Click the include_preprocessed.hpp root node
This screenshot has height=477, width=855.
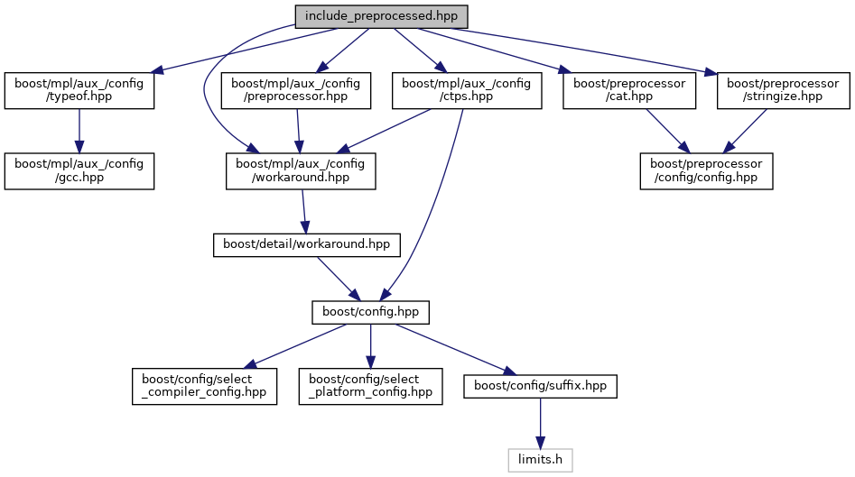pos(382,16)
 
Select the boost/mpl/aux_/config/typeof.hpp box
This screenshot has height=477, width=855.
pos(79,91)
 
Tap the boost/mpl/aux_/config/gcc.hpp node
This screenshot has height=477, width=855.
pos(79,170)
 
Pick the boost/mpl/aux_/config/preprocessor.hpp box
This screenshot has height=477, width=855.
pos(296,91)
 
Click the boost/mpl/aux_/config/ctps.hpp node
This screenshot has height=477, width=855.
pos(466,91)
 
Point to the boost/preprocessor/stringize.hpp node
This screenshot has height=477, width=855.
pos(784,91)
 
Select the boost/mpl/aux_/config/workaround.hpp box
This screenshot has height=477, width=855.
pos(301,170)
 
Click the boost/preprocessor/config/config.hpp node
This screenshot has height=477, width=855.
pos(706,170)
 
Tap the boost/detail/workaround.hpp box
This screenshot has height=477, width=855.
pos(306,244)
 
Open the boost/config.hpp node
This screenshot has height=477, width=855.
pos(370,313)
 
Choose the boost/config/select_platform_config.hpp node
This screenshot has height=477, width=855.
pos(371,386)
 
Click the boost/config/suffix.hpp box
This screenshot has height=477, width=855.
pos(540,386)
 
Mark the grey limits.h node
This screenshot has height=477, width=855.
pos(540,460)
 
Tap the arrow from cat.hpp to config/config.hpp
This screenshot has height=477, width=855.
pos(666,130)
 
